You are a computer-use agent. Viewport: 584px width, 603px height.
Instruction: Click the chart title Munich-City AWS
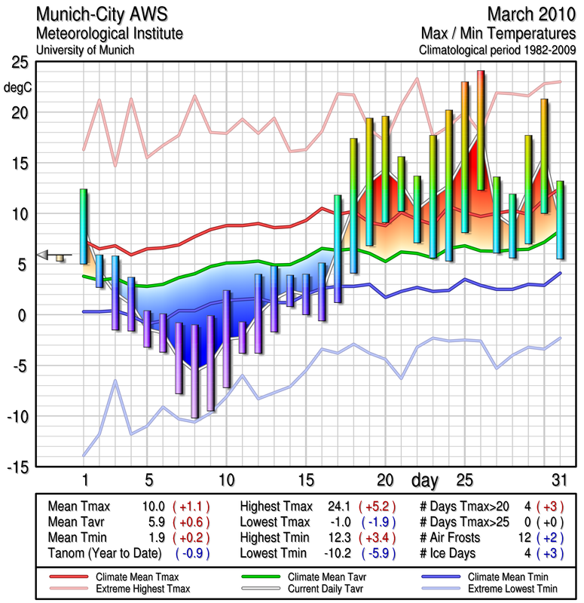(98, 15)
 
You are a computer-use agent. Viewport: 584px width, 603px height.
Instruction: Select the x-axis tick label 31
(558, 480)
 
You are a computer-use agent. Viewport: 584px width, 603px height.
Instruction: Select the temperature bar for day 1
(84, 225)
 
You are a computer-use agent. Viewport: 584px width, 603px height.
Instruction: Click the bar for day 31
(560, 219)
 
